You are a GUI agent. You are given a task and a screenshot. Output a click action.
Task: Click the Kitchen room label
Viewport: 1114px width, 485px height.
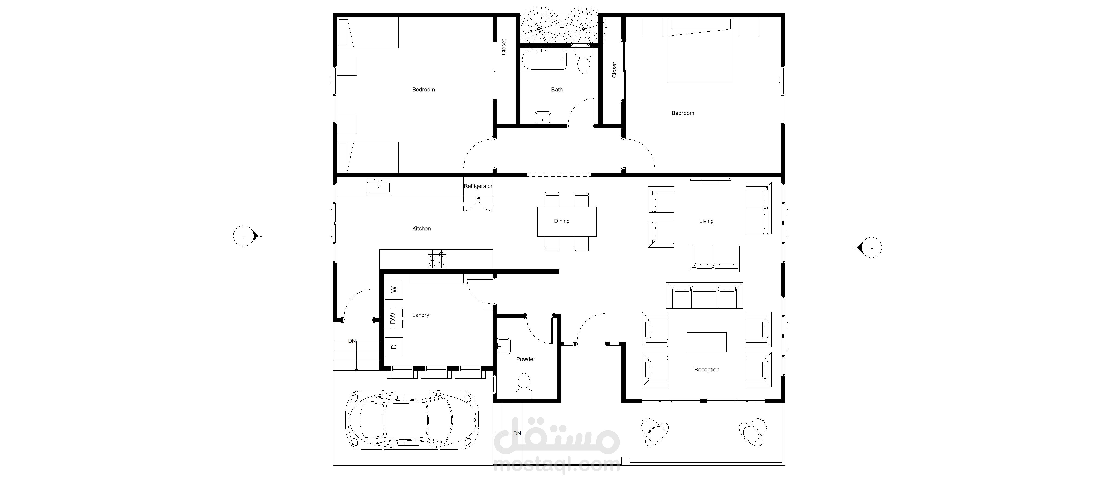[421, 229]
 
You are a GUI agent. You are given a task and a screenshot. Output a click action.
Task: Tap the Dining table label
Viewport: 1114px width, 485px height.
[562, 221]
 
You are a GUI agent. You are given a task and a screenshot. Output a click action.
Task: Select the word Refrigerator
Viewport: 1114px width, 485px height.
[478, 186]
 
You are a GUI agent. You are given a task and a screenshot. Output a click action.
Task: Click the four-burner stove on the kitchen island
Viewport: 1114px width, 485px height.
[437, 259]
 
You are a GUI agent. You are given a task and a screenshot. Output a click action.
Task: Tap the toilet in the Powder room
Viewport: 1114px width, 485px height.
[524, 386]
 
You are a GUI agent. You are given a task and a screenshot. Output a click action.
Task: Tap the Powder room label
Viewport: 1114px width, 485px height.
[525, 359]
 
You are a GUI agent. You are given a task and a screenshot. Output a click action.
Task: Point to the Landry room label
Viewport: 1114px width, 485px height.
[420, 315]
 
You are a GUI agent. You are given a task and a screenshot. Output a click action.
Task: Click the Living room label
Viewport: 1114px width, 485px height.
[706, 221]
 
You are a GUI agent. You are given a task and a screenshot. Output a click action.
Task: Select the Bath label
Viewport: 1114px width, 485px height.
[557, 90]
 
